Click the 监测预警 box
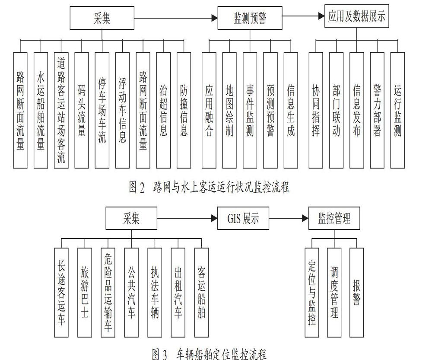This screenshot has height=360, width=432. point(250,18)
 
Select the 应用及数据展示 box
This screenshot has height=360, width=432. point(356,16)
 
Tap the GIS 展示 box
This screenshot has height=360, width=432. point(243,218)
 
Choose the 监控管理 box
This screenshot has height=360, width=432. point(334,218)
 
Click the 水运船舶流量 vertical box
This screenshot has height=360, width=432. point(41,110)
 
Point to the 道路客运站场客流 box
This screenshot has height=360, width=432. point(61,110)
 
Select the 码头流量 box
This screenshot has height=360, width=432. point(82,110)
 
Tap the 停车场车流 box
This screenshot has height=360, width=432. point(102,110)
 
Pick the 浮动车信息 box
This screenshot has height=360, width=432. point(122,110)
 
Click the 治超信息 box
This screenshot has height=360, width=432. point(163,110)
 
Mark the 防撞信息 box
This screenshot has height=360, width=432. point(184,110)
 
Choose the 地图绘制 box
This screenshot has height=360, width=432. point(229,110)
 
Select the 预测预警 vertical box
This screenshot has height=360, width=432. point(270,110)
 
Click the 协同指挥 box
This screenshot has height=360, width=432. point(316,110)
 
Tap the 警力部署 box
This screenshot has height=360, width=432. point(377,110)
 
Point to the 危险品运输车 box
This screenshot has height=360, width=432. point(108,293)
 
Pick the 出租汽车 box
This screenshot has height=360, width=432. point(178,293)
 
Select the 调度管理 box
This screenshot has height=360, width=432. point(334,293)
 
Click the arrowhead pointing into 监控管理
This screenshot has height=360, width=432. point(305,218)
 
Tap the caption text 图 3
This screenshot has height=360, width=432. point(159,354)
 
